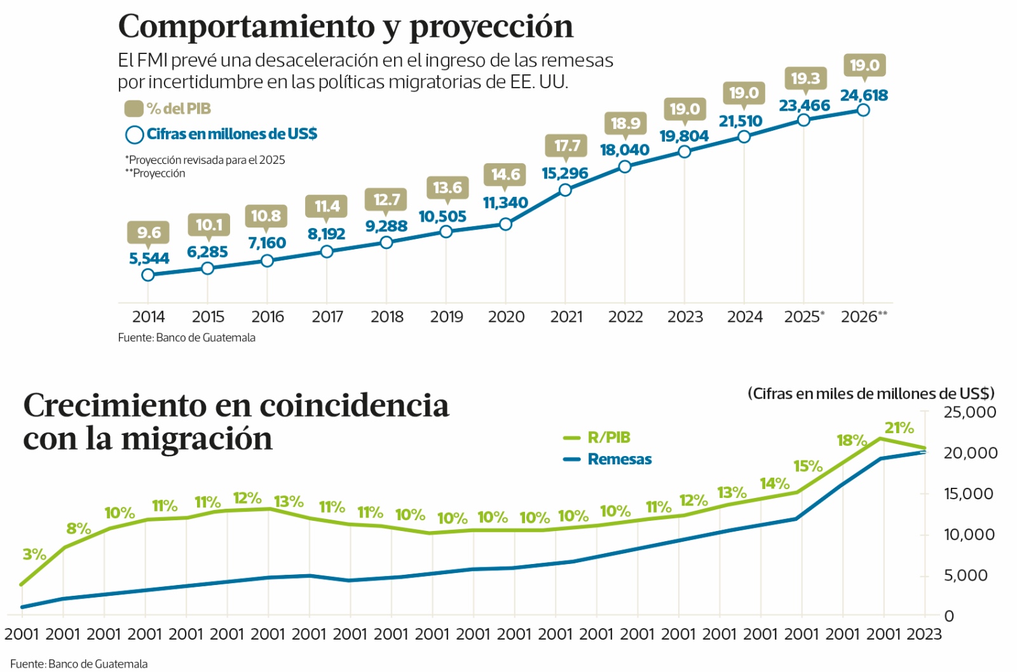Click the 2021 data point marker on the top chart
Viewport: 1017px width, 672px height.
click(x=565, y=189)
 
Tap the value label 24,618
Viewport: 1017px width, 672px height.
click(x=864, y=95)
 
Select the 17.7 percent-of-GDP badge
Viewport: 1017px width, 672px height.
click(x=566, y=145)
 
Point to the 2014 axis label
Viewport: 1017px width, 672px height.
click(x=148, y=316)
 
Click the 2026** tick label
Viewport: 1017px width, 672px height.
click(x=863, y=316)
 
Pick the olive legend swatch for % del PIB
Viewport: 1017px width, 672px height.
click(x=133, y=109)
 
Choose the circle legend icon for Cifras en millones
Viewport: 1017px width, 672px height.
click(x=134, y=135)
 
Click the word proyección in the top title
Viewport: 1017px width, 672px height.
click(x=491, y=27)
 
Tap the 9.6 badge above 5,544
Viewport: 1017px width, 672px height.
click(x=149, y=232)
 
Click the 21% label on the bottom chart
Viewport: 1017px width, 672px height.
click(x=899, y=428)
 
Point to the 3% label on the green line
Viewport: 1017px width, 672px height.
click(x=34, y=554)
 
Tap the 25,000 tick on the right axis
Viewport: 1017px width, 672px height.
click(x=969, y=412)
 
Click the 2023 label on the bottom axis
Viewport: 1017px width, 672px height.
click(x=924, y=634)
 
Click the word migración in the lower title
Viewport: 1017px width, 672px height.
click(x=196, y=439)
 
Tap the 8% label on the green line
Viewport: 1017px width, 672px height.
click(x=78, y=528)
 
